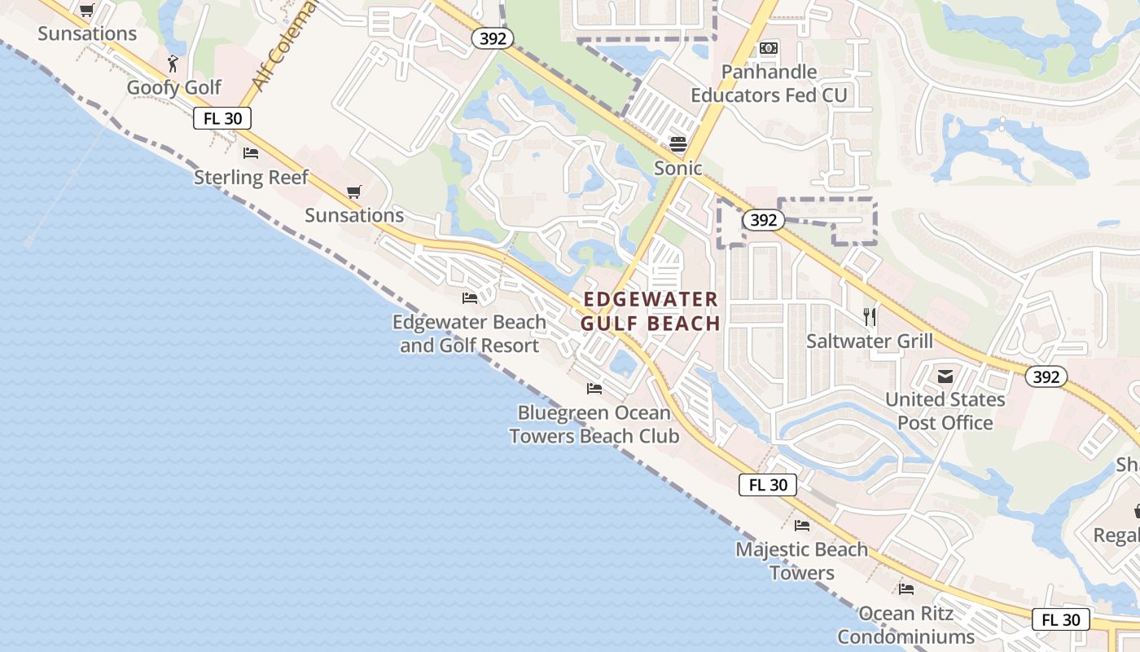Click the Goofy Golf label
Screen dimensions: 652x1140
(x=174, y=88)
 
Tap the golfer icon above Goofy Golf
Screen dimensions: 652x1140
(x=173, y=64)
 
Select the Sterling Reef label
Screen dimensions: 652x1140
(x=251, y=178)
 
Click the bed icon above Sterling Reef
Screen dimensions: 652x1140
(x=251, y=152)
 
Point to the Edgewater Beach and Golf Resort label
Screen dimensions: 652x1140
(x=469, y=334)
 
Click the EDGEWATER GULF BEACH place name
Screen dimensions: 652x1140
(x=651, y=311)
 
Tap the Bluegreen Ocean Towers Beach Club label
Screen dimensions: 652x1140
(x=594, y=425)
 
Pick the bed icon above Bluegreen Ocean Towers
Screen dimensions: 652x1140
(x=594, y=389)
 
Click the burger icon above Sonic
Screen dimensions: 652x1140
(x=678, y=144)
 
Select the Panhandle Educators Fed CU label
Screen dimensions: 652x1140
(x=769, y=84)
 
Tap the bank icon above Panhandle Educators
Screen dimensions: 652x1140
(x=768, y=48)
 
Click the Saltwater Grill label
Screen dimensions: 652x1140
(x=870, y=341)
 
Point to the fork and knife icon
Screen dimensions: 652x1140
(x=870, y=316)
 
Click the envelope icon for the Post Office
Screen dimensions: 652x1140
(x=945, y=376)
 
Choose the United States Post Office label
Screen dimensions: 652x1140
(x=945, y=411)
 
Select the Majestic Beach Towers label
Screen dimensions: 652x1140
(x=801, y=561)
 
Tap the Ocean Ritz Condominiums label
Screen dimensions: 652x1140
(x=905, y=624)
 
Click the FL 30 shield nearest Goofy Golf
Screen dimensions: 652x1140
(x=222, y=118)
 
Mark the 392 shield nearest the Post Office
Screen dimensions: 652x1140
(x=1046, y=376)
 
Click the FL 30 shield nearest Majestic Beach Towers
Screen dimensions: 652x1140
(x=768, y=485)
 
